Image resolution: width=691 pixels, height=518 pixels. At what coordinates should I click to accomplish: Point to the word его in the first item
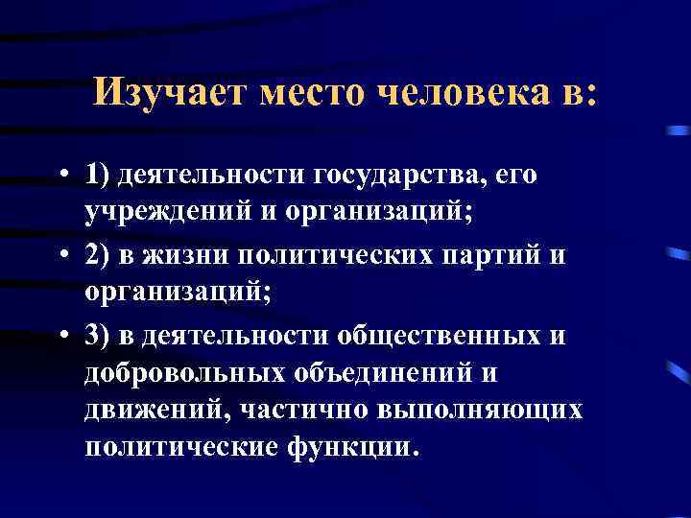coord(514,177)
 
